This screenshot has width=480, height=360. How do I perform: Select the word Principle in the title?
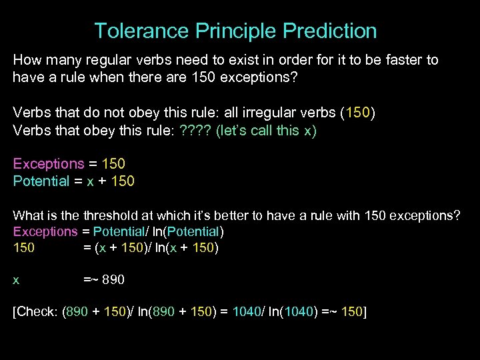pyautogui.click(x=235, y=31)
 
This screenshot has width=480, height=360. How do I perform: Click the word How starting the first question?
pyautogui.click(x=27, y=60)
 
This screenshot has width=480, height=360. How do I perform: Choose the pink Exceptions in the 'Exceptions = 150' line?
pyautogui.click(x=49, y=164)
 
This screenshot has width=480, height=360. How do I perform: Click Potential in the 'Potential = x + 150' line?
pyautogui.click(x=41, y=181)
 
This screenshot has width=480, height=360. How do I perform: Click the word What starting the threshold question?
pyautogui.click(x=27, y=216)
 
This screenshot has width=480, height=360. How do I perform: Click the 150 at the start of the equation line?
pyautogui.click(x=24, y=248)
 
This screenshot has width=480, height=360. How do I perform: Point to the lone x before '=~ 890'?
pyautogui.click(x=17, y=280)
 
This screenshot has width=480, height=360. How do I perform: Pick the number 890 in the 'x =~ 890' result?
pyautogui.click(x=113, y=280)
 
